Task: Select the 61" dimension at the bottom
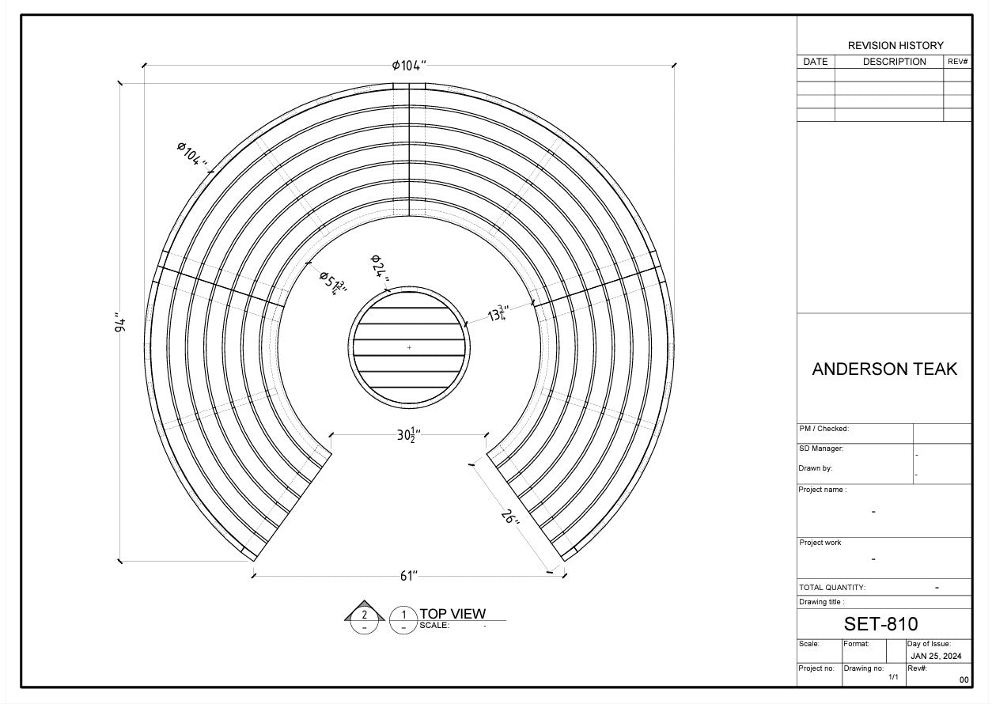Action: tap(408, 576)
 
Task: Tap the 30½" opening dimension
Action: tap(408, 434)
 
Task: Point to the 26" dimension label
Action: tap(510, 517)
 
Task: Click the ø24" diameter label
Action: tap(380, 268)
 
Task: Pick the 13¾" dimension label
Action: tap(498, 314)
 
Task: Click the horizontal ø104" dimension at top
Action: tap(409, 66)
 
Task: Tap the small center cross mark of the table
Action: tap(409, 347)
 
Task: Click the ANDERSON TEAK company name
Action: tap(884, 369)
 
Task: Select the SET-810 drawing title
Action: tap(880, 624)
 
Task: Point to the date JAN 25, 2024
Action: tap(936, 656)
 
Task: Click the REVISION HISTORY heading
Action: tap(895, 46)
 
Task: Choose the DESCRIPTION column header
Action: tap(894, 62)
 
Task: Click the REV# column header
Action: tap(957, 62)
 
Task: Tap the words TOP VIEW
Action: tap(452, 614)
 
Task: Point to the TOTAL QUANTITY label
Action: tap(832, 588)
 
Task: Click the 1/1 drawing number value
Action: tap(893, 677)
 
